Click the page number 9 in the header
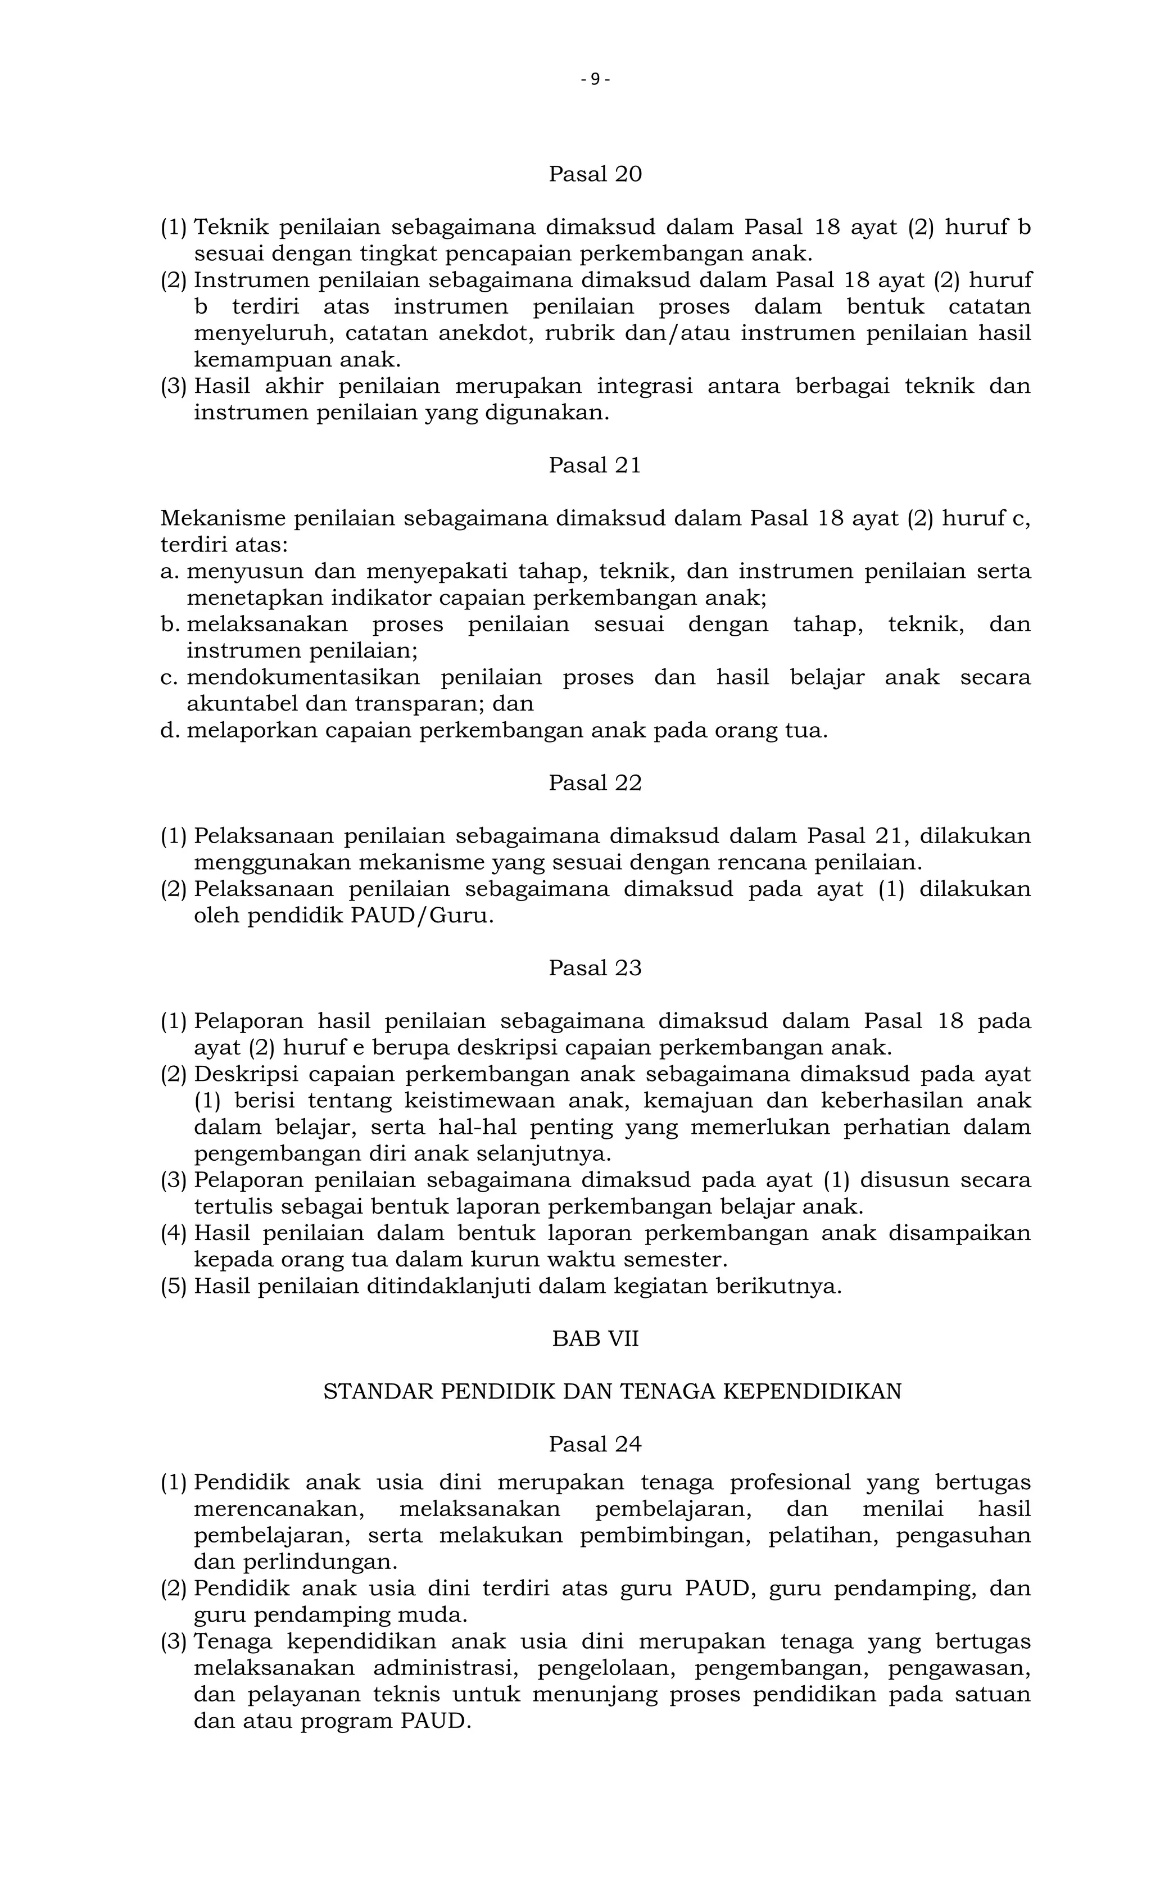tap(595, 79)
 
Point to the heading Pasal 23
tap(595, 968)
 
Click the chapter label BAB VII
tap(595, 1339)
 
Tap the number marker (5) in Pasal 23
tap(174, 1286)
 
